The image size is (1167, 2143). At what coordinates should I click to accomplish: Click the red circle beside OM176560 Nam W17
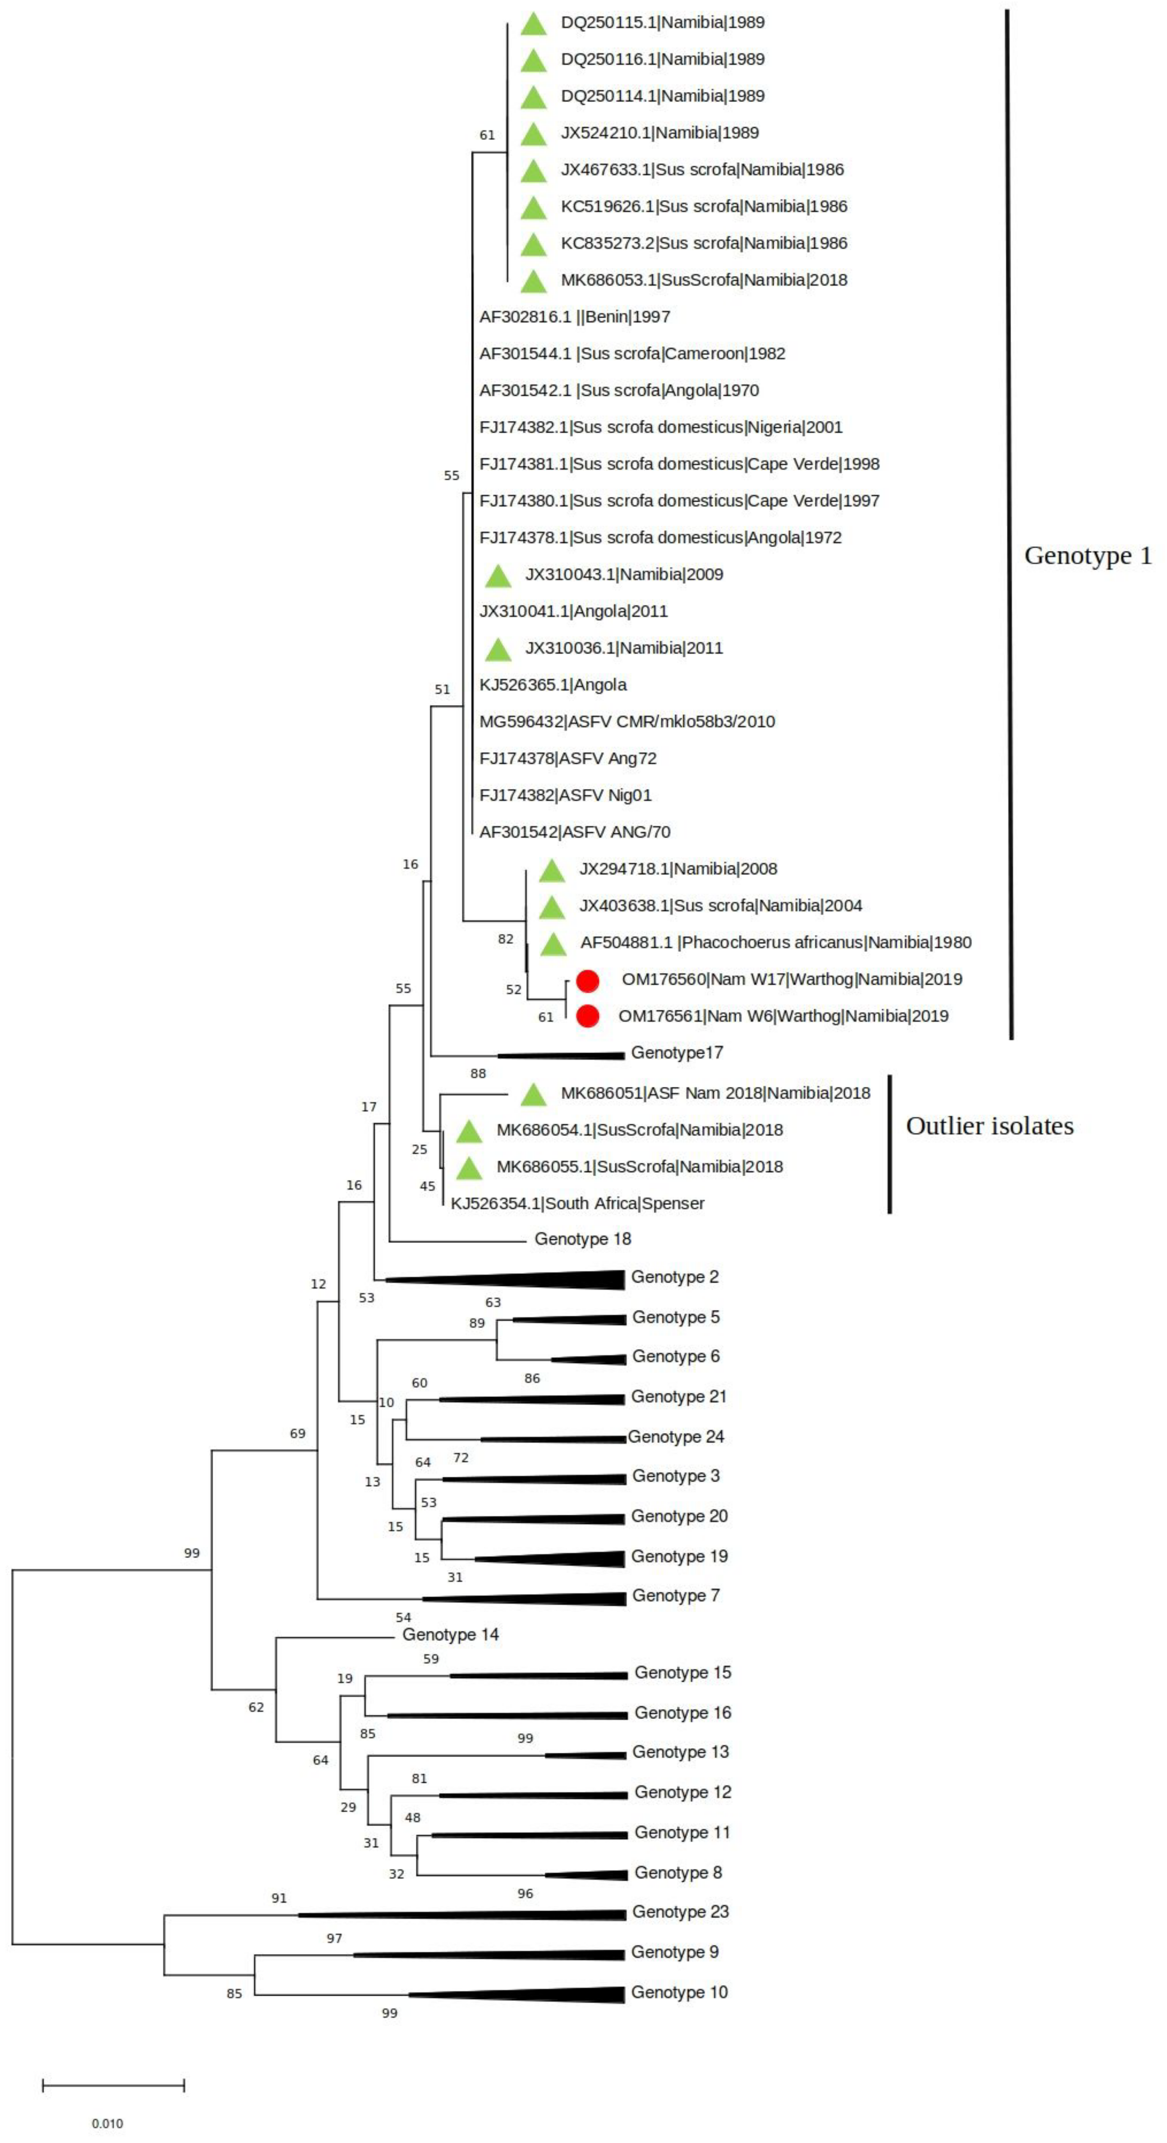tap(587, 981)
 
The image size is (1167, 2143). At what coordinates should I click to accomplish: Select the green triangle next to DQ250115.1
tap(533, 24)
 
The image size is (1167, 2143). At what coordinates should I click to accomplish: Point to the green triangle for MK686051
tap(533, 1095)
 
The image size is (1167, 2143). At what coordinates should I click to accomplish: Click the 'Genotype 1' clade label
tap(1087, 556)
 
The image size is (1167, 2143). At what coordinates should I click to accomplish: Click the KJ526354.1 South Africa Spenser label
tap(577, 1203)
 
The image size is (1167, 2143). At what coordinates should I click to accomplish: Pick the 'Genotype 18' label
tap(582, 1239)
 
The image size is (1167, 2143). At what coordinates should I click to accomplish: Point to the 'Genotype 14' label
tap(450, 1635)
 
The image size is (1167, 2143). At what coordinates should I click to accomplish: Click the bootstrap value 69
tap(297, 1433)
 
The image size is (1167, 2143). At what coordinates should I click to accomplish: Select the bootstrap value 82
tap(505, 939)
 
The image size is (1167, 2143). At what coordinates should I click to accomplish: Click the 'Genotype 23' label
tap(680, 1912)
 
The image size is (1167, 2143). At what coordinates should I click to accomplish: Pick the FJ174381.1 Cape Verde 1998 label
tap(679, 464)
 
